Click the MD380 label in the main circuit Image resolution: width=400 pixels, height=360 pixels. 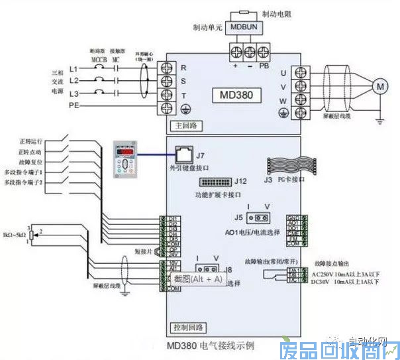(x=237, y=94)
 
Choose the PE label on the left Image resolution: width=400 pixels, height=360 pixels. (x=74, y=105)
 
